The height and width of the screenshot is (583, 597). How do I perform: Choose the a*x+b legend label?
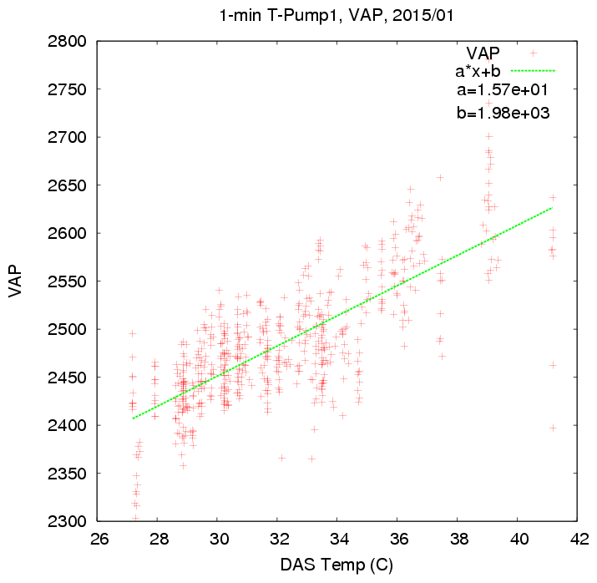(x=477, y=71)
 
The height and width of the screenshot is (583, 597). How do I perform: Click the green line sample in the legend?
(x=532, y=71)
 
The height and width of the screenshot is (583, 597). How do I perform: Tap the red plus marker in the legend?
(x=533, y=53)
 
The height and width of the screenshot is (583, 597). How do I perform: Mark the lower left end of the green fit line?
(x=132, y=418)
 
